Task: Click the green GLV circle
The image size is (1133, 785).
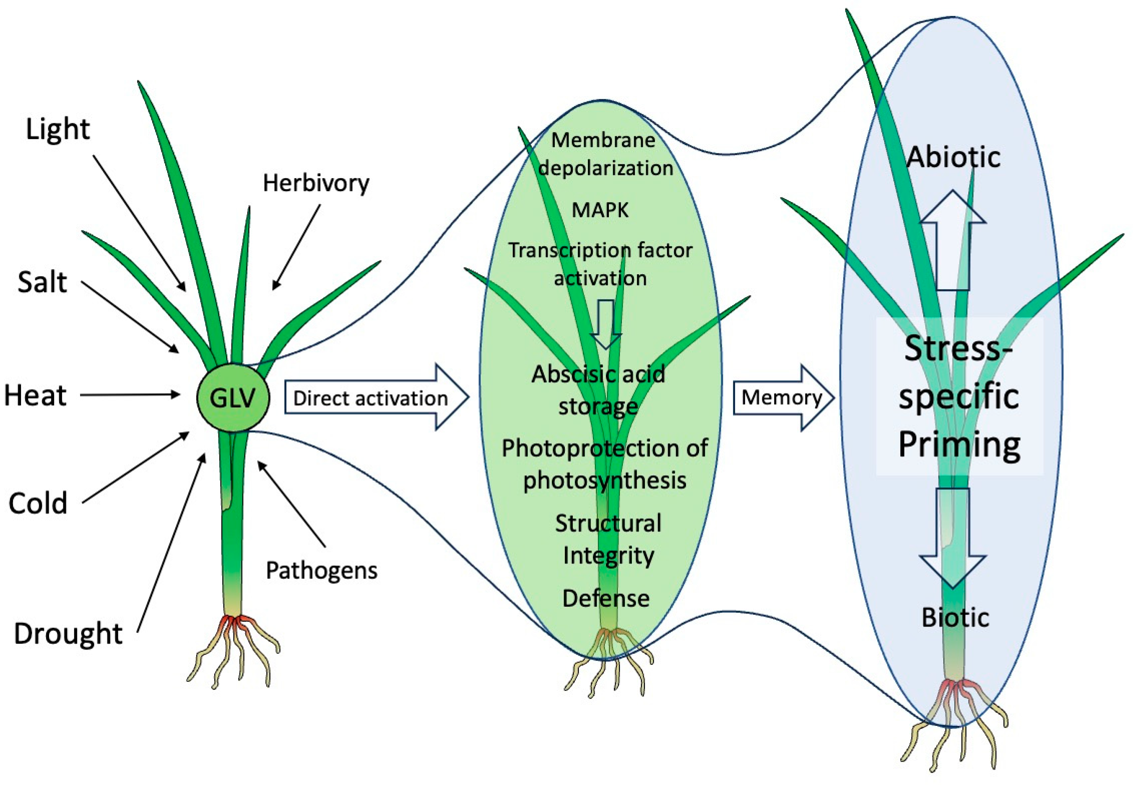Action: (233, 398)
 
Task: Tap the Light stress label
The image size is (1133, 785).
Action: (57, 129)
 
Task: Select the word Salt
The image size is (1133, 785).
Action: (42, 282)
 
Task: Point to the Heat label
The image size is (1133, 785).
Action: (35, 395)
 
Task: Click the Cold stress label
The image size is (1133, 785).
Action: (38, 503)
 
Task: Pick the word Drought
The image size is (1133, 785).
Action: (68, 633)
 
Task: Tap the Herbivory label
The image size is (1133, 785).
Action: (316, 183)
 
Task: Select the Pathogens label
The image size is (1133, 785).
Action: (322, 571)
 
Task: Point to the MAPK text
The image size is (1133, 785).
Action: (600, 211)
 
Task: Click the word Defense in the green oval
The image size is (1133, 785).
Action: (606, 598)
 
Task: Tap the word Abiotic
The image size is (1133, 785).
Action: (953, 157)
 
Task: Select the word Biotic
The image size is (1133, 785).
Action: (955, 618)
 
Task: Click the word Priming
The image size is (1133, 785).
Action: (959, 444)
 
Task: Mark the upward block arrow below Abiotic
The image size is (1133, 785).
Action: (953, 241)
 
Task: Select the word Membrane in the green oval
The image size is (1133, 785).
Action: (603, 140)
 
